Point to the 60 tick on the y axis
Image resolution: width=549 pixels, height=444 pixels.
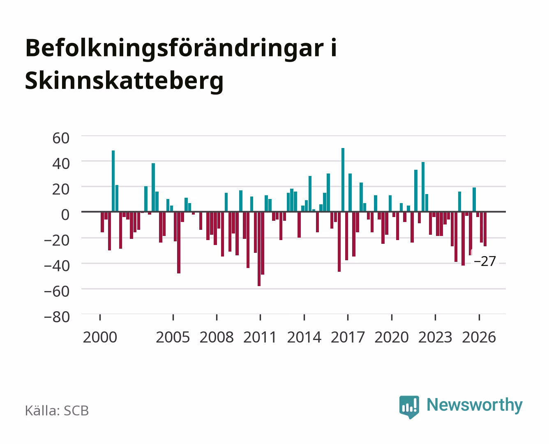(61, 138)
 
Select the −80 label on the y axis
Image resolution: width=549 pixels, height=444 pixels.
(57, 317)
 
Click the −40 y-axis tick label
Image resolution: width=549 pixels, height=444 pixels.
(57, 266)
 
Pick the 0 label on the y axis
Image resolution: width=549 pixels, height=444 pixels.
(65, 215)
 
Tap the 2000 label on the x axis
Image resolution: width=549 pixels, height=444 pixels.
(100, 337)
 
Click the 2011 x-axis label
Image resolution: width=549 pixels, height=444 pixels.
(260, 337)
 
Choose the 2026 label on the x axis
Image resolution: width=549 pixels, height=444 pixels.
(479, 337)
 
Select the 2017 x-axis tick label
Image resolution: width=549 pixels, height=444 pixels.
(348, 337)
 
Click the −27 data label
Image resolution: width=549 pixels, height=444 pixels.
(485, 261)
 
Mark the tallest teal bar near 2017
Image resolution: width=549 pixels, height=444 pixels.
(343, 180)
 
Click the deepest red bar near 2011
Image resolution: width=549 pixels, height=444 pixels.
(259, 249)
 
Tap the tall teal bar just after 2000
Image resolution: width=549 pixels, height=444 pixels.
(113, 181)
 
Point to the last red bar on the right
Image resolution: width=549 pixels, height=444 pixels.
(485, 229)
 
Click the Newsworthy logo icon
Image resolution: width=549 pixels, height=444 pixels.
(409, 407)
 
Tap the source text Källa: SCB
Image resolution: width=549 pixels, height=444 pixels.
(57, 410)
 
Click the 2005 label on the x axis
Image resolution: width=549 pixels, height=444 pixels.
(173, 337)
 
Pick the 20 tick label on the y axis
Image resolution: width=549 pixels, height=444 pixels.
(61, 189)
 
